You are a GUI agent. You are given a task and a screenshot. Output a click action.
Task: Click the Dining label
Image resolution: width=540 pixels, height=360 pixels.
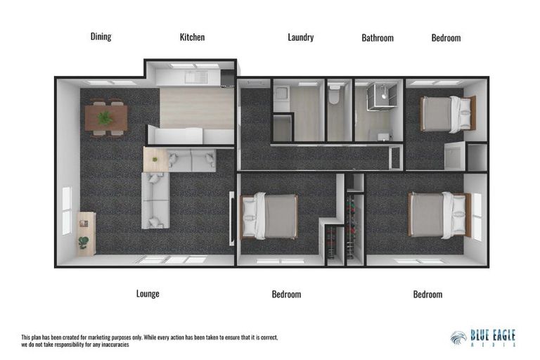(x=101, y=37)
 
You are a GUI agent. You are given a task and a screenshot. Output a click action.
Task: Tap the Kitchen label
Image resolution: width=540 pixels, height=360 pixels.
(x=192, y=37)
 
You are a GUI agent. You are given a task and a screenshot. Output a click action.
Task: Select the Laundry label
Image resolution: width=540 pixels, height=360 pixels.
(x=300, y=37)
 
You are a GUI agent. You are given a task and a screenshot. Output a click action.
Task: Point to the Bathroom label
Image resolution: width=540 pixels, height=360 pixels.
(x=378, y=38)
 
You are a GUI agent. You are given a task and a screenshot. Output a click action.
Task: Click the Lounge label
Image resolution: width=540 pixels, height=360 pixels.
(x=148, y=294)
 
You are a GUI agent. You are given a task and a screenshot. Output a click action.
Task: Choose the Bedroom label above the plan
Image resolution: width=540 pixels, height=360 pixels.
(x=446, y=38)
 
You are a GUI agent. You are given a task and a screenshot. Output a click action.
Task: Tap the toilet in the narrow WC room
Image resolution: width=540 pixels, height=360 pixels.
(x=337, y=95)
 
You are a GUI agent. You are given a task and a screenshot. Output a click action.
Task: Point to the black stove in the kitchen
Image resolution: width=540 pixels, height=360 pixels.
(x=227, y=77)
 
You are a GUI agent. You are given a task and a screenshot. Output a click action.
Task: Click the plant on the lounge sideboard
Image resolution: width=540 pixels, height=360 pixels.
(x=84, y=243)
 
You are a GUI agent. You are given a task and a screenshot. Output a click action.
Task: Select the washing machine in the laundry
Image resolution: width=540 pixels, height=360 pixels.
(x=281, y=96)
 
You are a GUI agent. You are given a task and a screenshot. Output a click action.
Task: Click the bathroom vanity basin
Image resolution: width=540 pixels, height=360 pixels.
(x=383, y=135)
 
